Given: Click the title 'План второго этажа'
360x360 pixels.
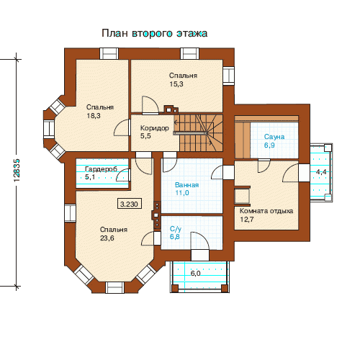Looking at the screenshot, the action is (x=155, y=33).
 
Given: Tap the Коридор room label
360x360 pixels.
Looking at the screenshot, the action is (x=155, y=128).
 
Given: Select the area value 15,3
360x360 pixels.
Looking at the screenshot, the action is (x=176, y=84).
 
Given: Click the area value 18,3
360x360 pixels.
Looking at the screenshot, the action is (x=94, y=116).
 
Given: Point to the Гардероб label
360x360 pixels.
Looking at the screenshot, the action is (x=101, y=169).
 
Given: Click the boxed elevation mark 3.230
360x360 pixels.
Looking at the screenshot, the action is (x=130, y=204).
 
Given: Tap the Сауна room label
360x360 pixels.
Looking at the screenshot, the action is (x=274, y=137).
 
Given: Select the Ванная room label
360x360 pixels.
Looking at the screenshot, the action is (x=186, y=185).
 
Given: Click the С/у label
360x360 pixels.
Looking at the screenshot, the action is (x=176, y=229).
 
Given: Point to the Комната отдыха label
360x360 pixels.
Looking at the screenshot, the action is (x=266, y=211).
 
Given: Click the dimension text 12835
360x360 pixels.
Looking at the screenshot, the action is (x=17, y=171).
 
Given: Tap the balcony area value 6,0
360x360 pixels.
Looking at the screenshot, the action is (x=195, y=274).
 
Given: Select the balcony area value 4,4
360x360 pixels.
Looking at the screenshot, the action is (x=321, y=172).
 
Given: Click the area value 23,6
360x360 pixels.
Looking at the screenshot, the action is (x=107, y=238).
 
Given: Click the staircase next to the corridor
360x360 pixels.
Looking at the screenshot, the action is (x=198, y=132).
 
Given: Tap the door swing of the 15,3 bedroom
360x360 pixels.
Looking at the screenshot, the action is (x=150, y=105).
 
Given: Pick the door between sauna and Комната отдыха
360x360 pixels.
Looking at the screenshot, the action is (x=264, y=166).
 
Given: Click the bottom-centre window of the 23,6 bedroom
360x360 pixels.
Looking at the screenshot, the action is (x=114, y=287).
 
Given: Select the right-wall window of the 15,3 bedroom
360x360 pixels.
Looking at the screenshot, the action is (x=228, y=76).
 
